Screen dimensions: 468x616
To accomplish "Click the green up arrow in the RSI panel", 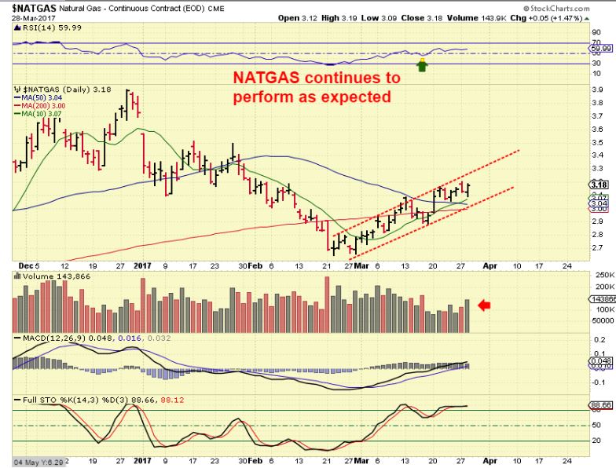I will pyautogui.click(x=422, y=66).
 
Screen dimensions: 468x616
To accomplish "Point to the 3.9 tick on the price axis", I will pyautogui.click(x=596, y=90).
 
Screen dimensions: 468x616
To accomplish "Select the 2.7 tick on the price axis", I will pyautogui.click(x=596, y=247).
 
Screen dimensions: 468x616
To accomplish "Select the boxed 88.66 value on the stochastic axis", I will pyautogui.click(x=600, y=406).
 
